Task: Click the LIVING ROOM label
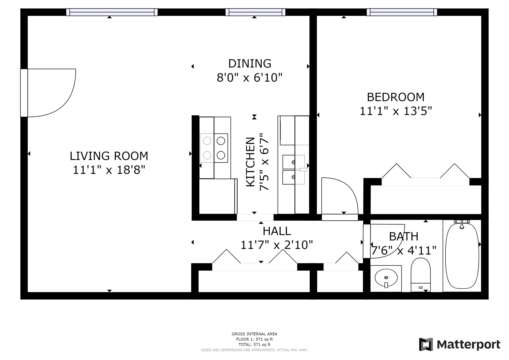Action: [109, 156]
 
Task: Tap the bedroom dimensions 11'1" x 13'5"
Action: [396, 111]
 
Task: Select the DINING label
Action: [250, 64]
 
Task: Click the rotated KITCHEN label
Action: [251, 162]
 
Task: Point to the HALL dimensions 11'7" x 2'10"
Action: [277, 245]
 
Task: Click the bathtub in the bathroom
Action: [462, 256]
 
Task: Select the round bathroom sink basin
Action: [386, 278]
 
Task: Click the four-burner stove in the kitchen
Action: [214, 148]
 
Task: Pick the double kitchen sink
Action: [293, 170]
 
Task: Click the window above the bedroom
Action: [402, 12]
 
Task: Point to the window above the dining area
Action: [255, 12]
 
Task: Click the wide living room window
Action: [112, 12]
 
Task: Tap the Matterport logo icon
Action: [426, 344]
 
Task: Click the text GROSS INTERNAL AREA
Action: [254, 334]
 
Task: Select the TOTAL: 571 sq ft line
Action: [254, 345]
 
